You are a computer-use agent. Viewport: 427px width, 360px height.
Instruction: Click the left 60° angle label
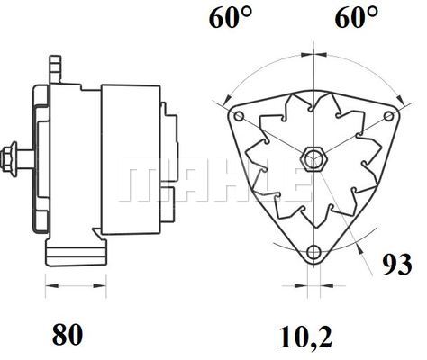(x=231, y=17)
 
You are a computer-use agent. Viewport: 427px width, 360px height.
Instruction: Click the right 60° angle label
(x=357, y=17)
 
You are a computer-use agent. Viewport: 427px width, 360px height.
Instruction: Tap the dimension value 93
(x=397, y=265)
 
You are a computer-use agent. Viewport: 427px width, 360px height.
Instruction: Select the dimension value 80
(x=68, y=334)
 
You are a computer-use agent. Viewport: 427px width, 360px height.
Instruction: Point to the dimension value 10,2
(x=305, y=337)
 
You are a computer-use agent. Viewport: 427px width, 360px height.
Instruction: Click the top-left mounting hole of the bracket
(x=239, y=116)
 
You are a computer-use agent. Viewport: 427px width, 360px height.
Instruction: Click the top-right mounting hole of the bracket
(x=389, y=116)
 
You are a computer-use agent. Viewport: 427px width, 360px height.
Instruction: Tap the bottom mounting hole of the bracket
(x=314, y=251)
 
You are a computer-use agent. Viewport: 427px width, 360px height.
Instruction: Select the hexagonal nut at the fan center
(x=314, y=159)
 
